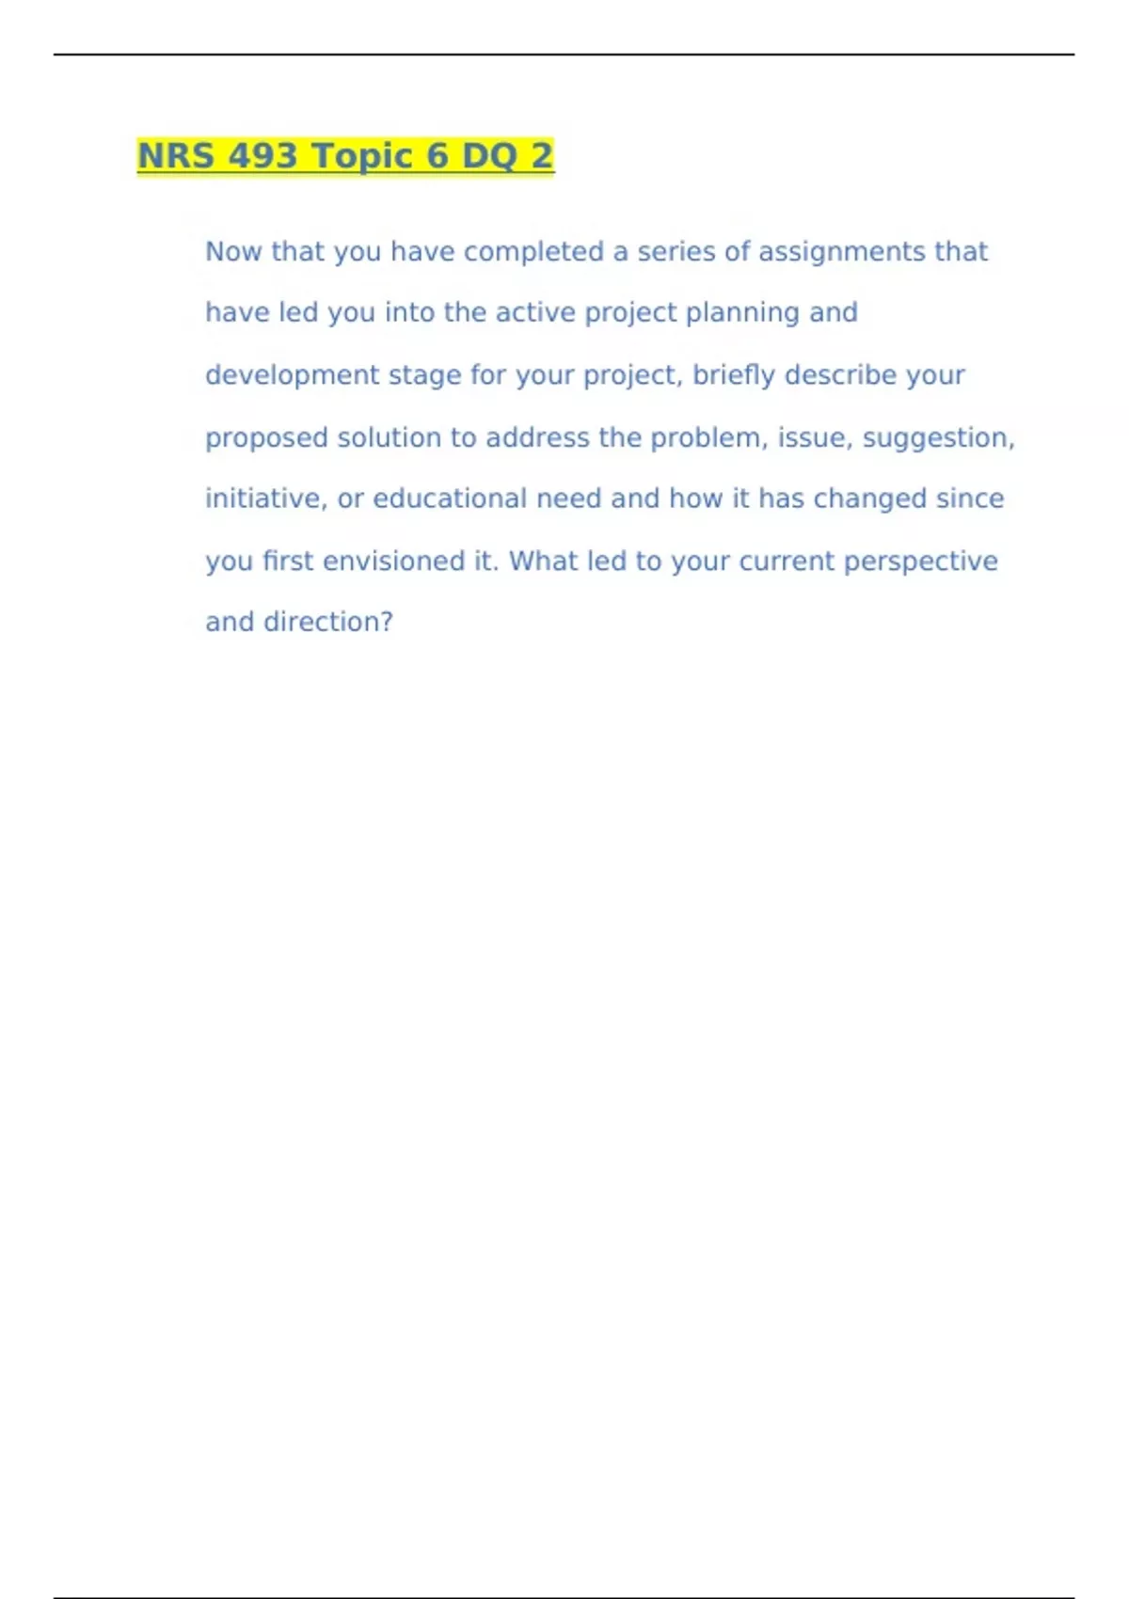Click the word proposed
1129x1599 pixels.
[x=266, y=438]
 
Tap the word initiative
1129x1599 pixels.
[x=266, y=499]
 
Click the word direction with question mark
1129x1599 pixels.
[x=328, y=622]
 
